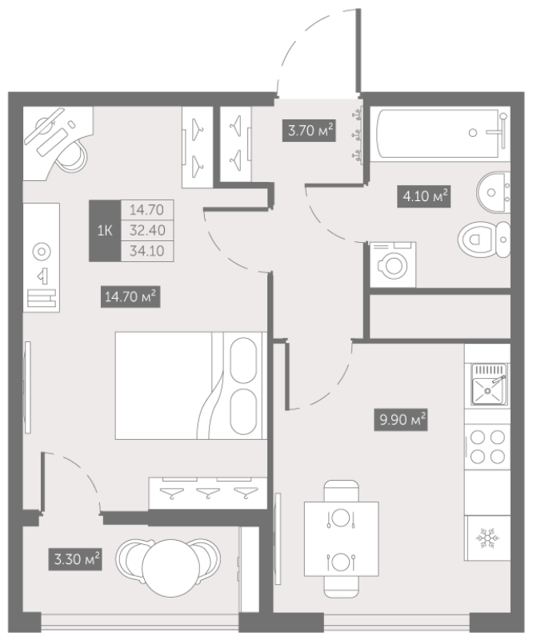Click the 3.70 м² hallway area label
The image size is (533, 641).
(309, 131)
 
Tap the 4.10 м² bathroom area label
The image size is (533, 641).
(424, 196)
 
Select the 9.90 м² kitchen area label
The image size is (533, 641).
(401, 419)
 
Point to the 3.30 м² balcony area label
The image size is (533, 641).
(75, 558)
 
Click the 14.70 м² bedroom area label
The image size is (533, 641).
(130, 296)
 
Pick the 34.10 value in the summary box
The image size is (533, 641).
(147, 251)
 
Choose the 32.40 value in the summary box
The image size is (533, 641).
(147, 230)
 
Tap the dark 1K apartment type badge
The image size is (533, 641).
(105, 231)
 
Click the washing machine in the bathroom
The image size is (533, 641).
(393, 264)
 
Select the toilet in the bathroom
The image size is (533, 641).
(484, 240)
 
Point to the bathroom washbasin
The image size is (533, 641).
(493, 192)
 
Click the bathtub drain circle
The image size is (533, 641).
(473, 132)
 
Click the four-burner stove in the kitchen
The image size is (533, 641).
(487, 447)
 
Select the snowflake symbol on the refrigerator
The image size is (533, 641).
(487, 538)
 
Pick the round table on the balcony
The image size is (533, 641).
(171, 568)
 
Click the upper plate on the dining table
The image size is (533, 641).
(341, 518)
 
